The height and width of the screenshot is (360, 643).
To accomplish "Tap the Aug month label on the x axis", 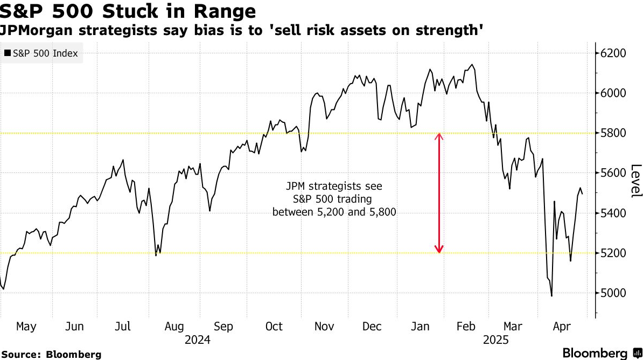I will click(174, 327).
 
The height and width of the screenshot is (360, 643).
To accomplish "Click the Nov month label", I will click(324, 327).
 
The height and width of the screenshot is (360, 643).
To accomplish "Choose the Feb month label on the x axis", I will click(466, 327).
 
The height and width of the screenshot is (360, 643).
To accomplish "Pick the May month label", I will click(26, 327).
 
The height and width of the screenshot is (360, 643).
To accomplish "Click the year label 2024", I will click(198, 341).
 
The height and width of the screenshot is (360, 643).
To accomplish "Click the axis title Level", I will click(636, 181).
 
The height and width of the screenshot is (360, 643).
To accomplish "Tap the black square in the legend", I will click(7, 53).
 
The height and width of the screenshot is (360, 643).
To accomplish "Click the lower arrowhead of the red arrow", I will click(439, 250).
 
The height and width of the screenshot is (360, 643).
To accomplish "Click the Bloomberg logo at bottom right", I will click(599, 353).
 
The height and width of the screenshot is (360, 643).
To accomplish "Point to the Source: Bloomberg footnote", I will click(51, 354).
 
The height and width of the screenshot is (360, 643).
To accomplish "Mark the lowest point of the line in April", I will click(551, 296).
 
